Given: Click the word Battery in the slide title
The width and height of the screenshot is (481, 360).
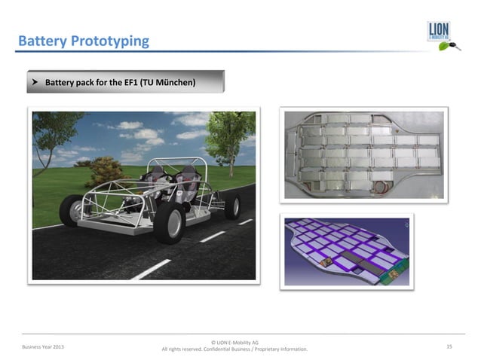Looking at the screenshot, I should coord(41,40).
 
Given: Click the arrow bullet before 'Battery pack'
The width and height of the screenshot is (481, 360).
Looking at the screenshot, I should coord(35,81).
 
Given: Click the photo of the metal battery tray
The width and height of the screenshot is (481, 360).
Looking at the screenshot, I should coord(363,154).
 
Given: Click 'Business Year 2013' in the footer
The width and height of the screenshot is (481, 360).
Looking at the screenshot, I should coord(43,346).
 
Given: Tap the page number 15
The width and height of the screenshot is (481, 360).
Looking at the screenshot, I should coord(449,346).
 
